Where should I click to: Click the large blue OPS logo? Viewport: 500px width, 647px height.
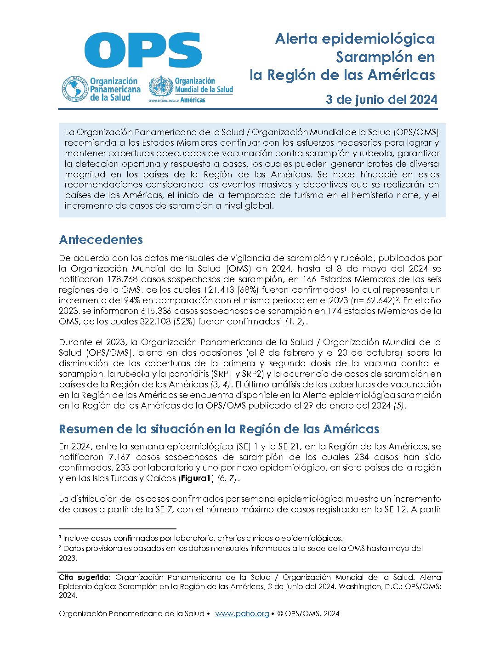tap(143, 50)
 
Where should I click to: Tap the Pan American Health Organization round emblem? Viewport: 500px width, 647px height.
tap(75, 89)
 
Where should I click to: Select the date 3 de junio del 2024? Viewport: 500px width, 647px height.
tap(381, 100)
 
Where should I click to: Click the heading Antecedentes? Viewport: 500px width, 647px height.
tap(101, 239)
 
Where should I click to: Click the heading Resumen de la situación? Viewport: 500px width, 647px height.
tap(219, 429)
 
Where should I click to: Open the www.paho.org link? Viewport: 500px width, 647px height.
tap(242, 613)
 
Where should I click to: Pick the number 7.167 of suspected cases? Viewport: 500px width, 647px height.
tap(119, 457)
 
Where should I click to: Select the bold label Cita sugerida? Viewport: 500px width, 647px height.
tap(85, 577)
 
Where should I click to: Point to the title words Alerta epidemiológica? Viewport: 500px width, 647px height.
tap(355, 39)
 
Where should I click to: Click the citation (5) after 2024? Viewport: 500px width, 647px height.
tap(399, 406)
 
